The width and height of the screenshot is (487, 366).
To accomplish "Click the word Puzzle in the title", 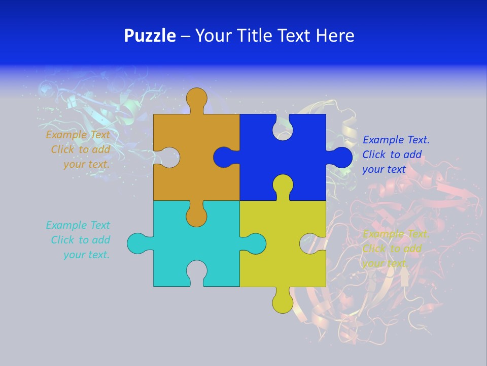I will point(150,36).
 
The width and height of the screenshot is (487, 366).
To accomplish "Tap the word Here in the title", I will point(334,36).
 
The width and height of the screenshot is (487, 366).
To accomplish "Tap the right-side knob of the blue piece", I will point(340,157).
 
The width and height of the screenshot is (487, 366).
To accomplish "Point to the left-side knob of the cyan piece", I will point(137,243).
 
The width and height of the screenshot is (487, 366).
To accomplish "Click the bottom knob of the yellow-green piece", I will point(283,302).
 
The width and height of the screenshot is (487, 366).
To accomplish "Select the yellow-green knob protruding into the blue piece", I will point(283,185).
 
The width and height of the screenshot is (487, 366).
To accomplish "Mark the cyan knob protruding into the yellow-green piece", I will point(255,243).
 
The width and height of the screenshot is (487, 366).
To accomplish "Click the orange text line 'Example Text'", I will point(78,135).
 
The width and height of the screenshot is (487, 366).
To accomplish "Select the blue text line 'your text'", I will point(384,169).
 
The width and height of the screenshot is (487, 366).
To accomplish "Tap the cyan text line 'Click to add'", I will point(80,240).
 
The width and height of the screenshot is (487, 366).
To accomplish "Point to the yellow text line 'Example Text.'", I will point(396,234).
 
